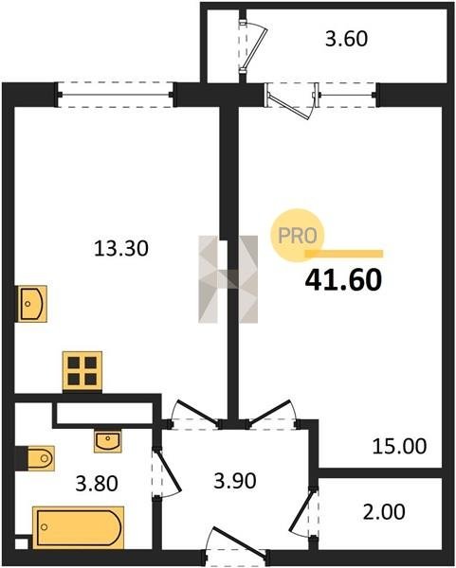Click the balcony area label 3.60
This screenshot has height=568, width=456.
(x=346, y=39)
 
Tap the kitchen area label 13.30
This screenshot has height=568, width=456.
(x=121, y=249)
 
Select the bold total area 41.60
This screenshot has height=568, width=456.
(x=343, y=280)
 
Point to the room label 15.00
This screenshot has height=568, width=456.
(x=399, y=446)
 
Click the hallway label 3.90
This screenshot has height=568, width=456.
(x=235, y=481)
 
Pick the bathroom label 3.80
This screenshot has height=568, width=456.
(x=97, y=484)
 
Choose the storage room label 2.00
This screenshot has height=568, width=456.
(x=384, y=512)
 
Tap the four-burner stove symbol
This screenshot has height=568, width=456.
(x=82, y=370)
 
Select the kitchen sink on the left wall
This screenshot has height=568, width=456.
(x=32, y=304)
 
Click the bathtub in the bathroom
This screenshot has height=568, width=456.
(x=79, y=527)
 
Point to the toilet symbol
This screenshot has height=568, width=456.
(x=41, y=458)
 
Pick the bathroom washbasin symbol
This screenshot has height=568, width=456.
(x=108, y=441)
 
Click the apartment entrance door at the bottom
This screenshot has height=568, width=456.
(x=236, y=545)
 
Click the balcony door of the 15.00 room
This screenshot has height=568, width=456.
(x=290, y=100)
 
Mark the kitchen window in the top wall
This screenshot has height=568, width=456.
(x=116, y=95)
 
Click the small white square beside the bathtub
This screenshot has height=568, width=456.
(x=21, y=544)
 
